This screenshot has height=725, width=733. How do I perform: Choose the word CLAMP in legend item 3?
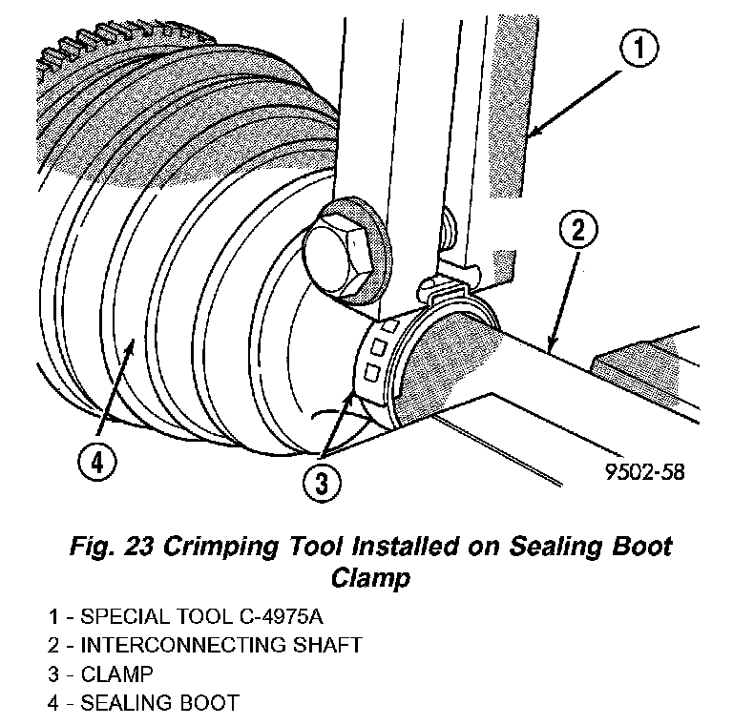[116, 674]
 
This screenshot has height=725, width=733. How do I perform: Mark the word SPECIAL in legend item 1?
[118, 617]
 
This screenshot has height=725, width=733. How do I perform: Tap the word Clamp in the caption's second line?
[367, 576]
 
